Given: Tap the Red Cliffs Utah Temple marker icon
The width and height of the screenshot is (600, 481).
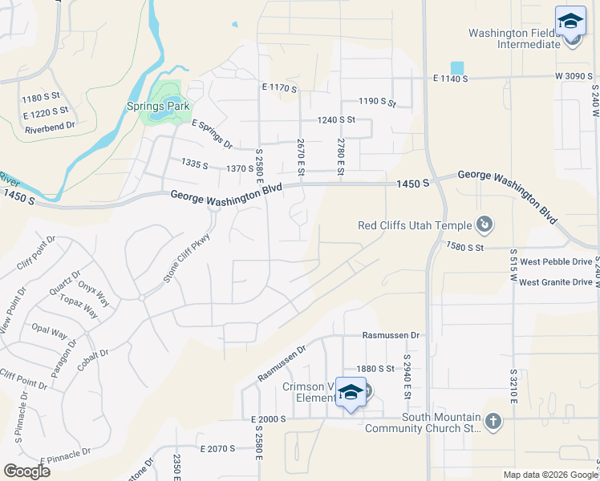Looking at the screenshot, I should (484, 224).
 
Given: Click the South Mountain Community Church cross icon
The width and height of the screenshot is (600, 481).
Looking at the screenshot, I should (493, 420).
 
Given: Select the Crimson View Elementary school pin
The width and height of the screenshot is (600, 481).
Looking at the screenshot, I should (351, 392).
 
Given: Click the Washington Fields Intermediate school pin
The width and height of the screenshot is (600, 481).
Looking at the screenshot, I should (570, 21).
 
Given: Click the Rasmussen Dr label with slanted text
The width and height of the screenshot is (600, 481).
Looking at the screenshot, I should (282, 363).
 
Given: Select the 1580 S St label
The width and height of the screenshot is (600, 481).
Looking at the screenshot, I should (465, 247).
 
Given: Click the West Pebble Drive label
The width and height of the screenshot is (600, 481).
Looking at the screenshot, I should (556, 262).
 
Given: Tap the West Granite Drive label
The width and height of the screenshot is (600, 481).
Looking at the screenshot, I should (556, 282).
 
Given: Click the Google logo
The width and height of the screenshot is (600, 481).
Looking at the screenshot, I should (26, 471).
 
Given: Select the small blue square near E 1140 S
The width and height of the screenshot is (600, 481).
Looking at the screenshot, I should (457, 68).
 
